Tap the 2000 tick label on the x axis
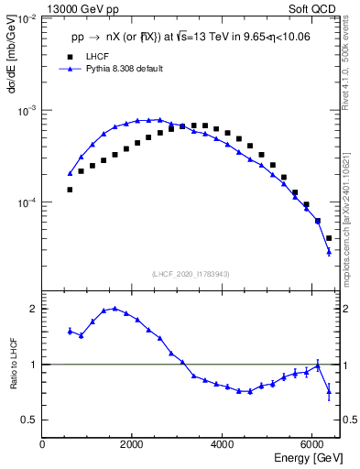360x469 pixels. (x=133, y=445)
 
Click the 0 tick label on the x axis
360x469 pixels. (x=43, y=445)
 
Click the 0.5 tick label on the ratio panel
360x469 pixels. (x=29, y=420)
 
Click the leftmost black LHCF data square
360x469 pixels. (x=70, y=190)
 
